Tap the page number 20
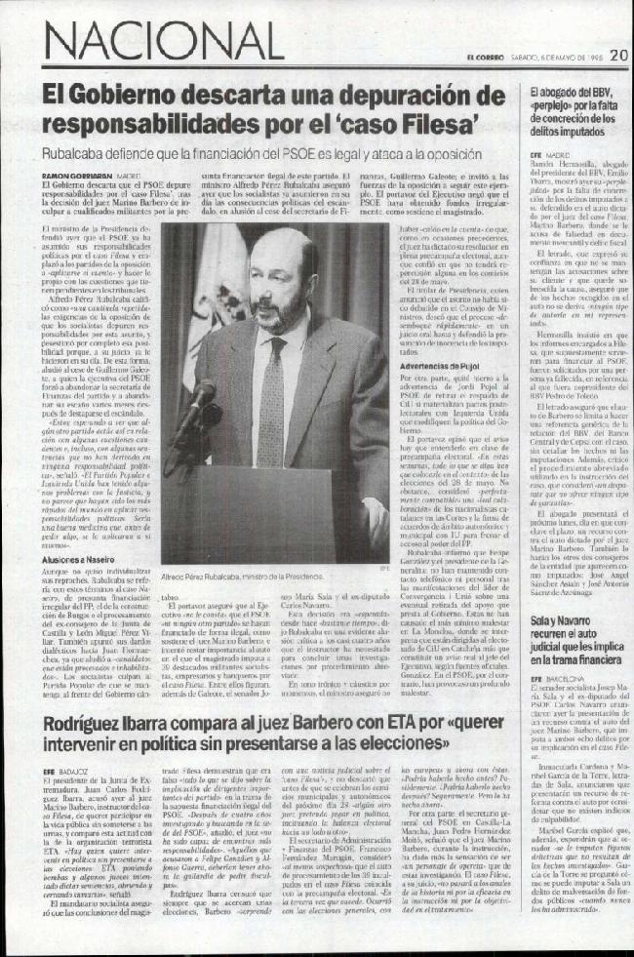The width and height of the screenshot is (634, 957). pyautogui.click(x=618, y=56)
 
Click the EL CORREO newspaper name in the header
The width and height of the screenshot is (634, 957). pyautogui.click(x=484, y=57)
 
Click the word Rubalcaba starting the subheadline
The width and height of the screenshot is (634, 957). pyautogui.click(x=74, y=154)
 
